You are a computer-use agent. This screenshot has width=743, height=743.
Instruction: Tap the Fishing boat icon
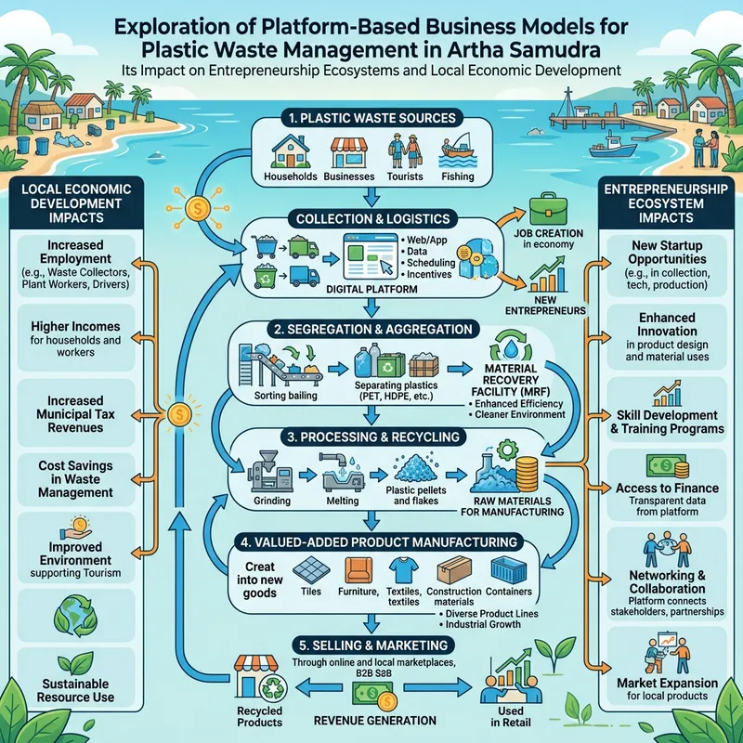coord(456,150)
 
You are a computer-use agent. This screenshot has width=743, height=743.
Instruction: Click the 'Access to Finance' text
coord(667,489)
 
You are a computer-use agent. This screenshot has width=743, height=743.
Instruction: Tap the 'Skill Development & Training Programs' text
coord(668,422)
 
